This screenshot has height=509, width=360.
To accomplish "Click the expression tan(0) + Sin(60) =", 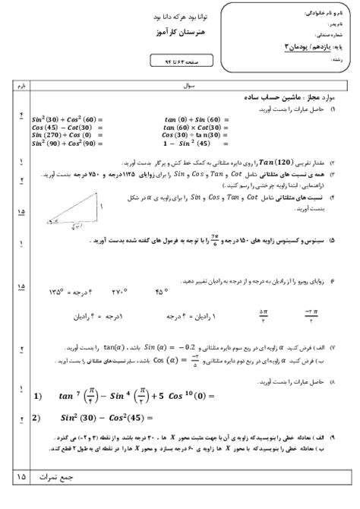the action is [194, 119].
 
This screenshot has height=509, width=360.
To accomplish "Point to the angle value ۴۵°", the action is [162, 290].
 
